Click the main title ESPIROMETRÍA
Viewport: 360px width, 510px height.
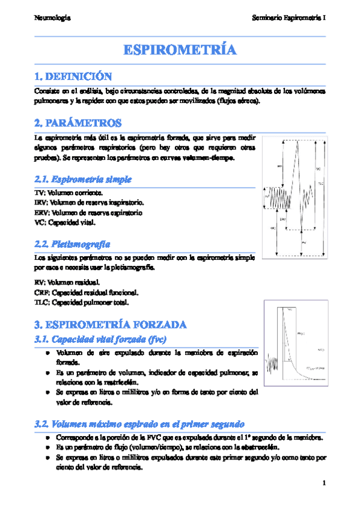(180, 50)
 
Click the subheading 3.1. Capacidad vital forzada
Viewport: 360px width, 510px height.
(100, 340)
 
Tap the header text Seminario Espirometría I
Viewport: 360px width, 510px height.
(289, 18)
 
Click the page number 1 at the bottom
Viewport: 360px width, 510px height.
(323, 483)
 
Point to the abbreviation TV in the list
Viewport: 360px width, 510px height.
(40, 194)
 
